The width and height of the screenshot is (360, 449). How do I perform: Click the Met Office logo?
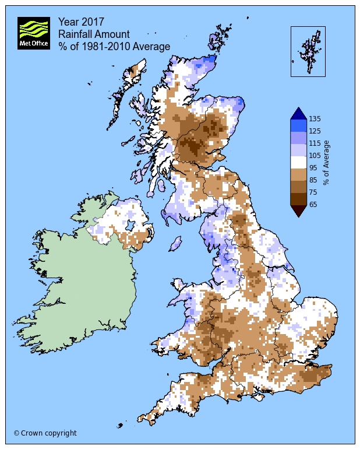(x=33, y=33)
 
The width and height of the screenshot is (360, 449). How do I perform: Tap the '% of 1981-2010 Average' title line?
(x=114, y=47)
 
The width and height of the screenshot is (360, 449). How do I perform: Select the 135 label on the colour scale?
(x=316, y=118)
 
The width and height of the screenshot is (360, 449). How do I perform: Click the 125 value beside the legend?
(x=316, y=131)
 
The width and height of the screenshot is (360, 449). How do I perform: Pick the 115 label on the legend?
(x=316, y=143)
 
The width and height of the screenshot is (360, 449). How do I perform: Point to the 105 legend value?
(x=316, y=155)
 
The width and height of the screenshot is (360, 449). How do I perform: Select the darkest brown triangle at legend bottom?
(x=298, y=210)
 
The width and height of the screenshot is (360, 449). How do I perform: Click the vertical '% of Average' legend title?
(x=327, y=162)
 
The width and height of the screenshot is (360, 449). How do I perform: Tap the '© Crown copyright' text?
(x=45, y=433)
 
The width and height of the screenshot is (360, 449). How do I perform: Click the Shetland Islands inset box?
(x=308, y=51)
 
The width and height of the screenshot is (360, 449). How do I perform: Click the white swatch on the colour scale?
(x=298, y=162)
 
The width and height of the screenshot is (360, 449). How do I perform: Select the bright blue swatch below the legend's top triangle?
(x=298, y=125)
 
